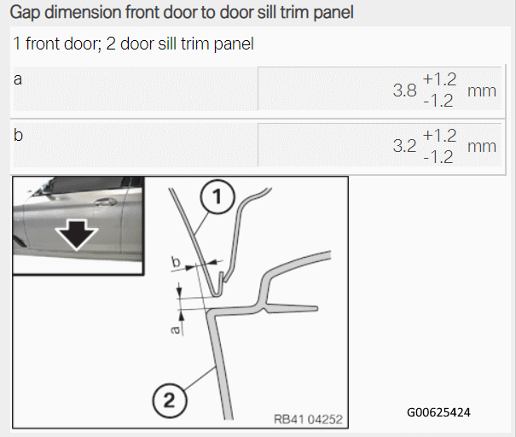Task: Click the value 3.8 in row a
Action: (404, 90)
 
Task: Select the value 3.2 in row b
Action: (404, 146)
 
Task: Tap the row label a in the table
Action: (18, 79)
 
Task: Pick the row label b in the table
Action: (18, 135)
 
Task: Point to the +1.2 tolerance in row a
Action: (439, 79)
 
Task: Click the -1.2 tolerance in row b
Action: (438, 157)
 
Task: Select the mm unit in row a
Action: (482, 91)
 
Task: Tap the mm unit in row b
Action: (482, 147)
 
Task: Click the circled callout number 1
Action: (217, 197)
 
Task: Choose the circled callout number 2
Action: (170, 401)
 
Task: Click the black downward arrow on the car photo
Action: (77, 236)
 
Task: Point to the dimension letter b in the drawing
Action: (176, 262)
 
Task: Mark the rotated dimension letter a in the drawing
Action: (176, 329)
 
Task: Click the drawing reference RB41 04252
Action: (308, 419)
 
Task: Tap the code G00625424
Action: (438, 412)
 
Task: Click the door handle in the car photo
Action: (105, 201)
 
